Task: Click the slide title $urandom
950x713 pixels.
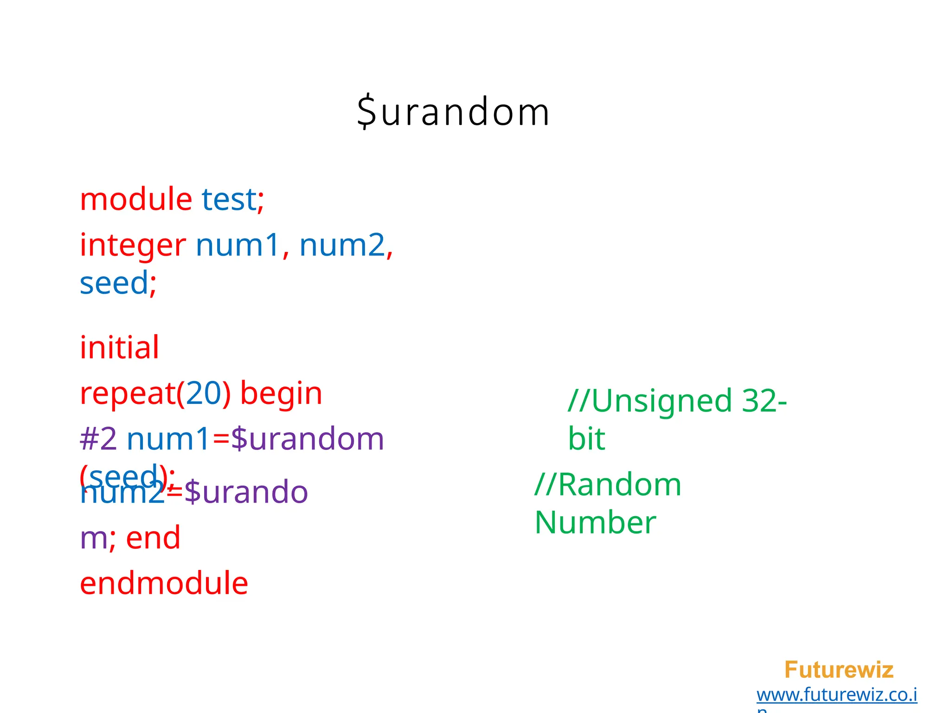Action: click(453, 112)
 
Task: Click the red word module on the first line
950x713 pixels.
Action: click(136, 199)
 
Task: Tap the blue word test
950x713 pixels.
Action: click(229, 199)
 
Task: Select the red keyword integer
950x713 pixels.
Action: click(133, 245)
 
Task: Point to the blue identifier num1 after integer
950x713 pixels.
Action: click(237, 245)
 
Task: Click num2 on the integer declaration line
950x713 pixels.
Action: click(342, 245)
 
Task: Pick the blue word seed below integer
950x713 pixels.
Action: click(114, 283)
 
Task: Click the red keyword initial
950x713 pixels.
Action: click(119, 347)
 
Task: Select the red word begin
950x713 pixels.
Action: click(281, 393)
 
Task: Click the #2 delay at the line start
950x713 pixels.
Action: click(98, 439)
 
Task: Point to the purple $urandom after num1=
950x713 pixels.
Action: click(307, 439)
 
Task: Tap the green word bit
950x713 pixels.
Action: click(586, 439)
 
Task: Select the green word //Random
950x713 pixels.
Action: click(608, 485)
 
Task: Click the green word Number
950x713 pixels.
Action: click(595, 523)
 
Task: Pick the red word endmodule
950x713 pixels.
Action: click(164, 583)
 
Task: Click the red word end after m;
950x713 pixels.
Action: click(153, 538)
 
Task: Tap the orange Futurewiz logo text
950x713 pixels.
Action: click(838, 670)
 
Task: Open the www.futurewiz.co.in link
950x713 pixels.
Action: click(836, 695)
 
